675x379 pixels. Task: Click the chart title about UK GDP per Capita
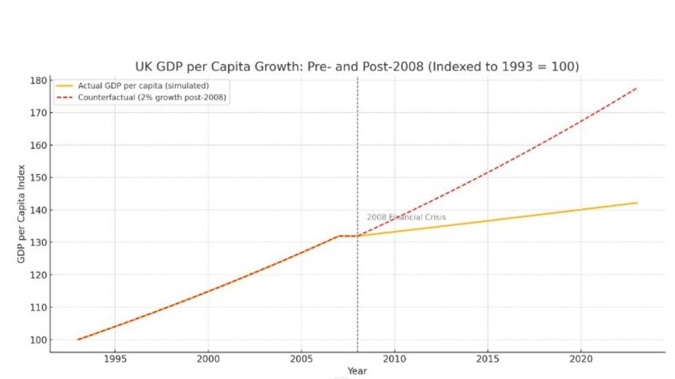356,67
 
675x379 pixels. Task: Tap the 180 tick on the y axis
38,80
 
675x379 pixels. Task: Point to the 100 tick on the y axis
38,340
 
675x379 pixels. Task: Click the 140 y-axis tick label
38,210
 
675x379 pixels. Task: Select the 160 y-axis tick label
38,146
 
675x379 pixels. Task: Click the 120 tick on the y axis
38,275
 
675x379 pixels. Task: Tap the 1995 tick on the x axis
114,359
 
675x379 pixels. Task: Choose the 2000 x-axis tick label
208,359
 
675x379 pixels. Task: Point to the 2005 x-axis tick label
301,359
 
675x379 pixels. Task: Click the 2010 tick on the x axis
394,359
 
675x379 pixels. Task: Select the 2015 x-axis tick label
488,359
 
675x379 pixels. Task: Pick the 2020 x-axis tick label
581,359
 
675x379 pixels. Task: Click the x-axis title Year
357,371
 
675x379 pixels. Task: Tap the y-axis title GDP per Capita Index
21,213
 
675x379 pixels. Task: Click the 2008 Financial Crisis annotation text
406,217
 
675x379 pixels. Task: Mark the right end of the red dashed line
636,88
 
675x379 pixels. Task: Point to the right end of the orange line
636,203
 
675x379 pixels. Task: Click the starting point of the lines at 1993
78,339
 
